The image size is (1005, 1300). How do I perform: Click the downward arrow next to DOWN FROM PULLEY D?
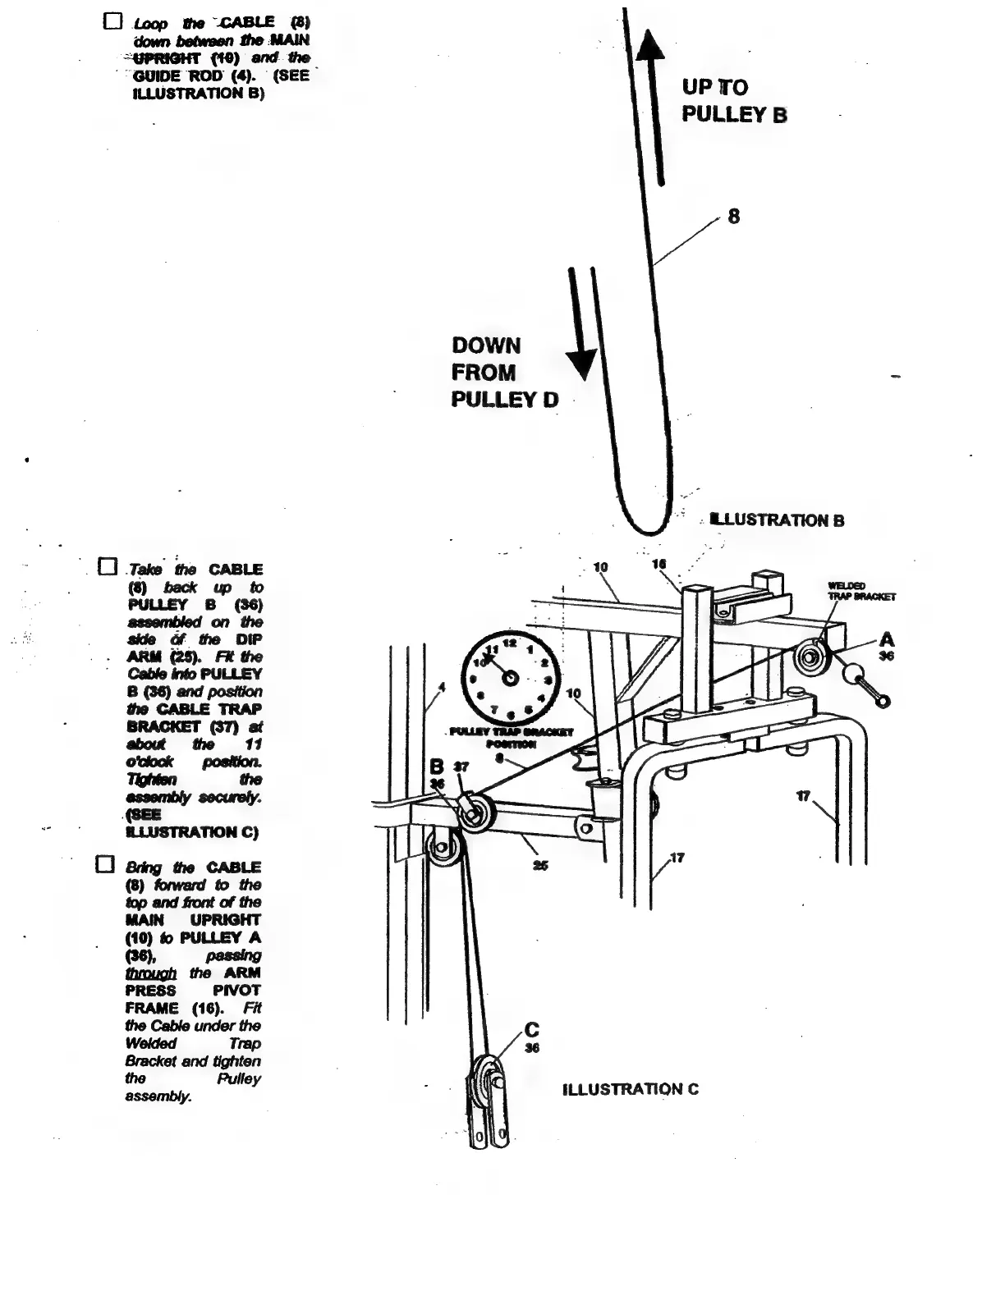pos(581,328)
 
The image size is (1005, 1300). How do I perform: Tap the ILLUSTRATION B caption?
pos(777,520)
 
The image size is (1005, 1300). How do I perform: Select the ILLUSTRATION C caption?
pos(631,1089)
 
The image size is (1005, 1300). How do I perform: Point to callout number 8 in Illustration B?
pos(733,216)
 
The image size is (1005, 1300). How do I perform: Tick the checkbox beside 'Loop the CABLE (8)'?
pos(113,22)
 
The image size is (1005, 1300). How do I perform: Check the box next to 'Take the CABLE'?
pos(107,567)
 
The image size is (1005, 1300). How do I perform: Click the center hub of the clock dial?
pos(510,678)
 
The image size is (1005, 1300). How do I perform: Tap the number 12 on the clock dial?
pos(510,643)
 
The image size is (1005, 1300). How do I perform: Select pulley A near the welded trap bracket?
pos(812,658)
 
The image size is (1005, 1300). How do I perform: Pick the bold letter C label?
pos(532,1030)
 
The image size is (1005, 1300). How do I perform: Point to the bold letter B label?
pos(438,767)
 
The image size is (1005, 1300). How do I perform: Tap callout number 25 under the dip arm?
pos(540,865)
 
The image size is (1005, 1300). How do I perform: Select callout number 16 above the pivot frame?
pos(659,564)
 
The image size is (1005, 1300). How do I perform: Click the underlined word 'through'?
pos(150,973)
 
